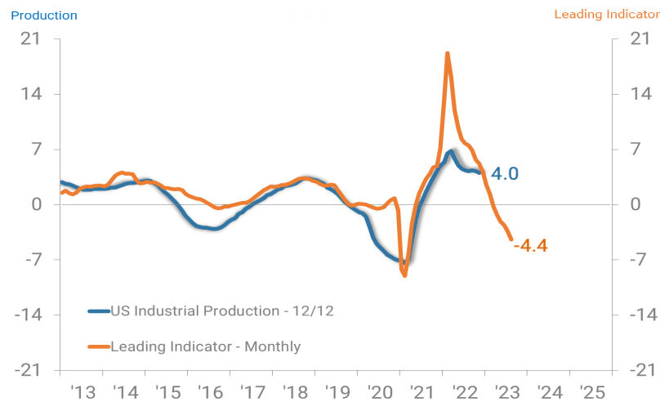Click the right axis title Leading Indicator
point(606,15)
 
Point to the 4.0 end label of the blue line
point(505,173)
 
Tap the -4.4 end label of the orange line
point(530,245)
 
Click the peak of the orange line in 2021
point(448,54)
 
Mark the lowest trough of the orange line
point(404,275)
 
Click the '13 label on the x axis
point(84,393)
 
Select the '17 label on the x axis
point(252,393)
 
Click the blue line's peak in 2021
point(452,152)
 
